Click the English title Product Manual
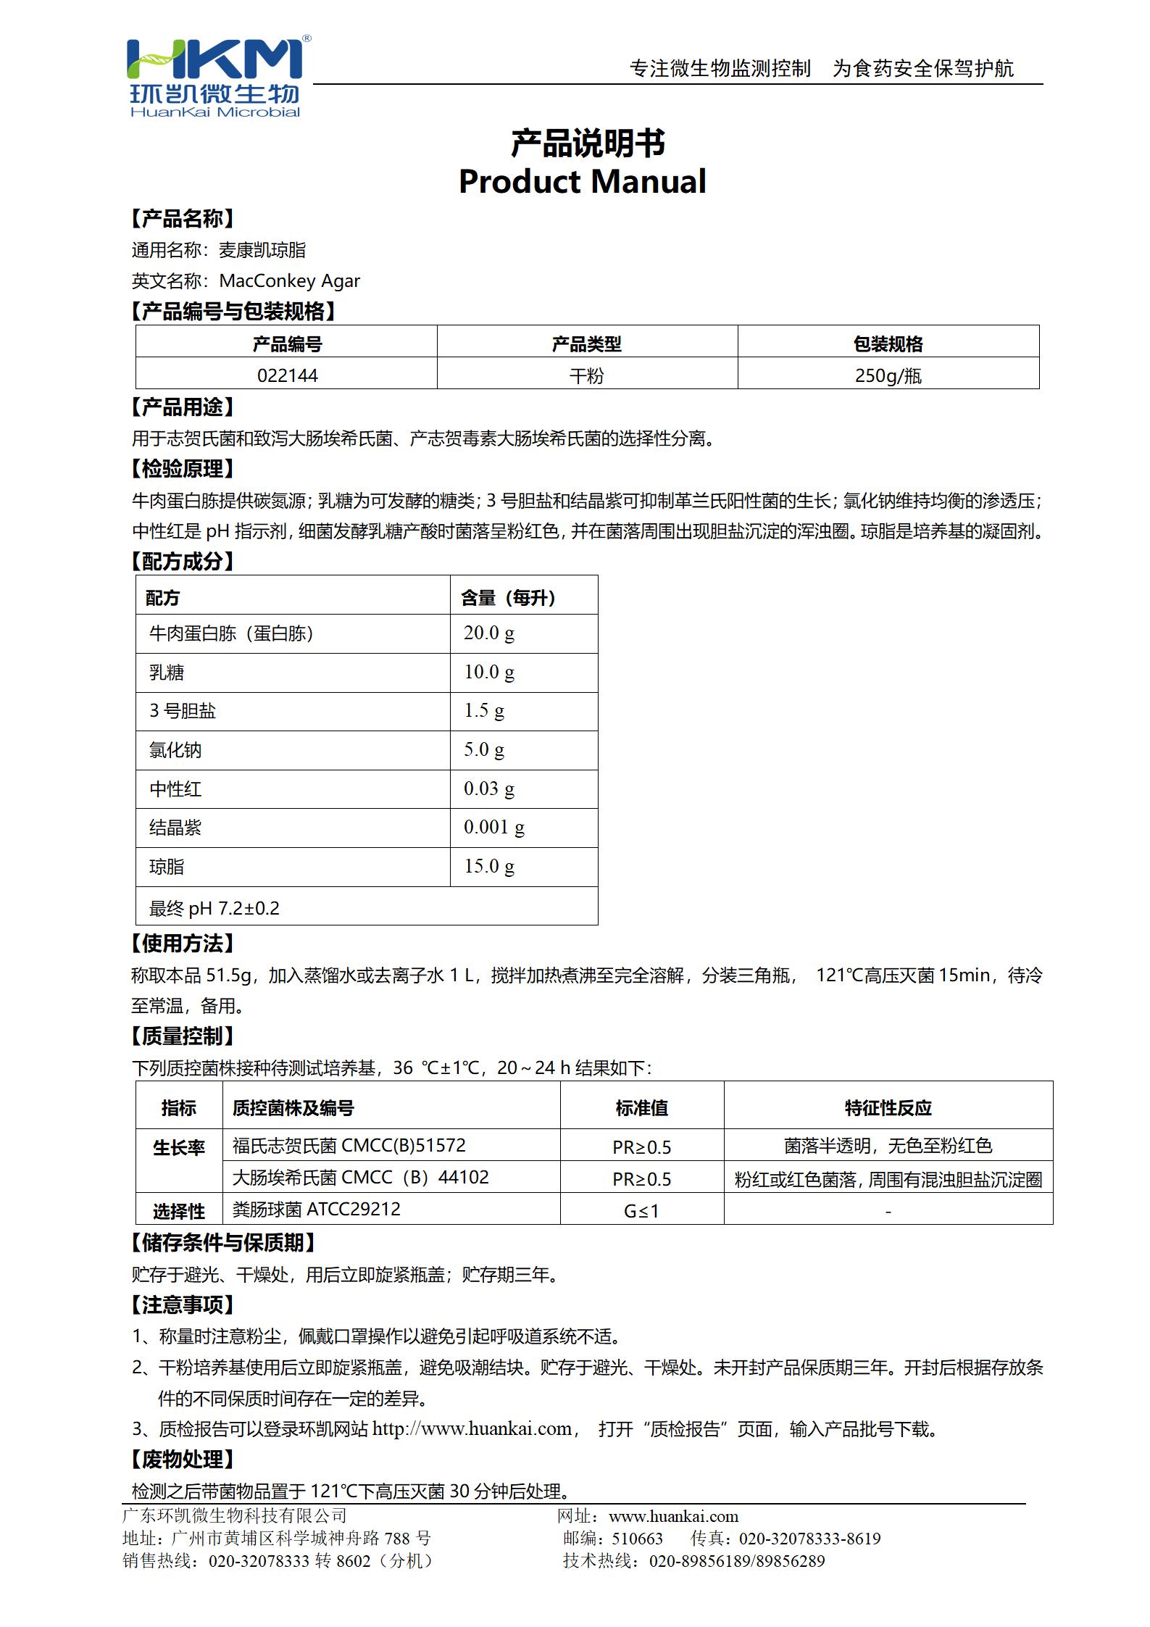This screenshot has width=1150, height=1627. [x=582, y=181]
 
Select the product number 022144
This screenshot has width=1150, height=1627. [x=287, y=375]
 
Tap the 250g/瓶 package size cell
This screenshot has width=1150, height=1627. [x=888, y=375]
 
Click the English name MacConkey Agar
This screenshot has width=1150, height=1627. [x=289, y=281]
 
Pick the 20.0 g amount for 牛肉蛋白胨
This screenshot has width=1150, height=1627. [x=489, y=633]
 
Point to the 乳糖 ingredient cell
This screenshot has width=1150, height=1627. [x=167, y=673]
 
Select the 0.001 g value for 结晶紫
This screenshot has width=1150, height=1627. [x=494, y=827]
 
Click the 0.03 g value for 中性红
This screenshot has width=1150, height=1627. [x=489, y=788]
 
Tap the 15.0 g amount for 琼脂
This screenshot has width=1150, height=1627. [x=489, y=866]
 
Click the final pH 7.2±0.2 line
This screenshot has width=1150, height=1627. [x=214, y=908]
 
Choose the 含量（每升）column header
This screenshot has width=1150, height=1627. [x=509, y=597]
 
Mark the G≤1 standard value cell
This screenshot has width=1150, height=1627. [x=641, y=1210]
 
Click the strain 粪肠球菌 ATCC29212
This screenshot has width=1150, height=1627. [x=316, y=1209]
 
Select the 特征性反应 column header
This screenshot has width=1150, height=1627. [x=888, y=1107]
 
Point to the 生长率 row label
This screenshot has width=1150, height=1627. [x=178, y=1147]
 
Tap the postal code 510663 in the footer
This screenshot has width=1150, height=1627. [x=637, y=1539]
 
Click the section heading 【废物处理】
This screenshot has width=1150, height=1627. [x=183, y=1460]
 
